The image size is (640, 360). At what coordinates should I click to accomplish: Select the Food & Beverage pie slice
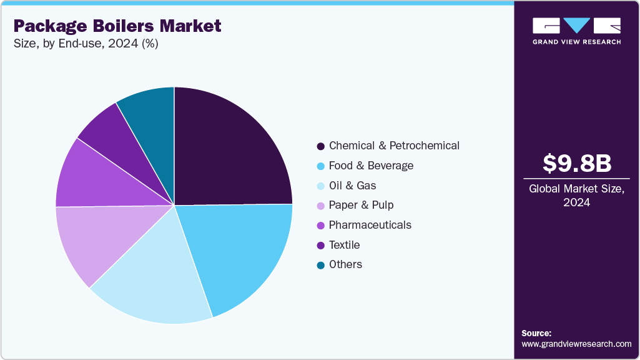point(240,253)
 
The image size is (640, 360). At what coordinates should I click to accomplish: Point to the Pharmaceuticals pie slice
point(87,178)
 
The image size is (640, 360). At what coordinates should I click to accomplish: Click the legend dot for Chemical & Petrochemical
point(321,146)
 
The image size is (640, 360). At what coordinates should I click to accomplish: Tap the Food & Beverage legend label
point(371,166)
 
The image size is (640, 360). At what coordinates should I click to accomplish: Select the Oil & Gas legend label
point(352,186)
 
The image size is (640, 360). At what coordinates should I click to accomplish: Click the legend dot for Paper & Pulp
point(321,206)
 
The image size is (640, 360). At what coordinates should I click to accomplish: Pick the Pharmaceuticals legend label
point(370,225)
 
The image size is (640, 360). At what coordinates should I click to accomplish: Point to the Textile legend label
point(344,245)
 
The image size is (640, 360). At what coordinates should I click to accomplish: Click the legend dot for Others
point(321,265)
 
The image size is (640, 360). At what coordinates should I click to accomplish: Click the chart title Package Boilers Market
point(117,26)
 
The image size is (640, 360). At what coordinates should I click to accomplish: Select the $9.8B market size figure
point(576,163)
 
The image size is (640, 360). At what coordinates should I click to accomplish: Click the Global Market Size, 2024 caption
point(576,196)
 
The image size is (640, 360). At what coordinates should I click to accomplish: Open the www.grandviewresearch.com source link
point(576,344)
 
